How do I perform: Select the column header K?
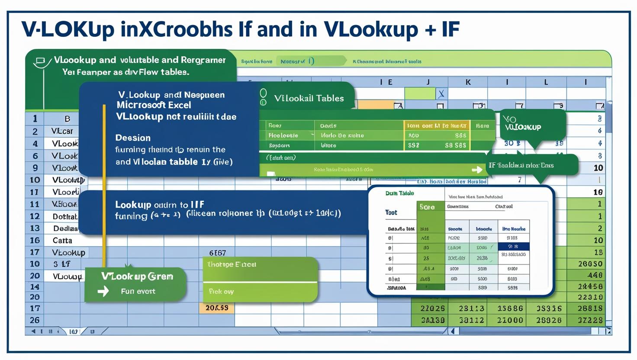click(x=468, y=82)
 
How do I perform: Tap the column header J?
click(x=428, y=82)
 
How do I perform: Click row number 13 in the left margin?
click(x=35, y=228)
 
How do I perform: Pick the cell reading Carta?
click(x=62, y=240)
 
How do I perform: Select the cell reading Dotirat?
click(x=65, y=216)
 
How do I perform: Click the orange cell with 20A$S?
click(x=217, y=308)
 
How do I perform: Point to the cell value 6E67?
click(x=217, y=253)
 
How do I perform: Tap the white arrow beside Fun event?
click(x=103, y=291)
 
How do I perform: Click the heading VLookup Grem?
click(x=137, y=276)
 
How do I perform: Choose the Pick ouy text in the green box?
click(x=221, y=291)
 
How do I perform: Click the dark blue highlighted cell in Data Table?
click(x=513, y=246)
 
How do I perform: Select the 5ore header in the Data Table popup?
click(x=427, y=207)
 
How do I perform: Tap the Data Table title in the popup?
click(x=399, y=193)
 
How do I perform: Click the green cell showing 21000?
click(x=509, y=320)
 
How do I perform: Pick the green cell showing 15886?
click(x=509, y=309)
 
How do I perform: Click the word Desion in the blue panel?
click(x=133, y=138)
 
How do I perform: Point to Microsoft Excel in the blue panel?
click(x=154, y=105)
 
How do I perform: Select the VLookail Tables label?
click(x=309, y=98)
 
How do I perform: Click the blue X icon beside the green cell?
click(x=441, y=93)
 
